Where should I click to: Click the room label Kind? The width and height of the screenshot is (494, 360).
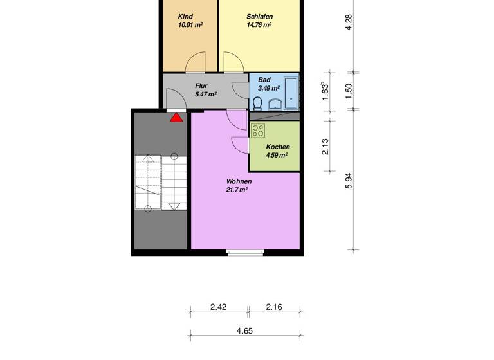185,17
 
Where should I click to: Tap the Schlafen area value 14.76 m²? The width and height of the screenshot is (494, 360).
259,26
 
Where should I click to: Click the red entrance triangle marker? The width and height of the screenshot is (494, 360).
176,117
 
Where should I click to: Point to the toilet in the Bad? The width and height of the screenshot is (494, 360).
257,104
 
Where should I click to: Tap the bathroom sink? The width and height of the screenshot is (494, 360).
275,105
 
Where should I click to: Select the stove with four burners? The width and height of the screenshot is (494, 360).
259,130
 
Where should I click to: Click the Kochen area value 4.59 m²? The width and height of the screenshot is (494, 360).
276,155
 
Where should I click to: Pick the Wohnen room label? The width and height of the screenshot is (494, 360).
239,181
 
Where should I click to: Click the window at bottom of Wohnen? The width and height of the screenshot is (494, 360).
245,252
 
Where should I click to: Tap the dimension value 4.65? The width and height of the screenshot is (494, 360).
244,330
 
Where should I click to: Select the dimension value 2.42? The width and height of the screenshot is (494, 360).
218,307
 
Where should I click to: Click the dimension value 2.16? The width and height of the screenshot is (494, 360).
275,307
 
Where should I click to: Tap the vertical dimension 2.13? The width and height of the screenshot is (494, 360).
326,147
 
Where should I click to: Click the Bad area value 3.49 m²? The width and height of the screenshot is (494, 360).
268,88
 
